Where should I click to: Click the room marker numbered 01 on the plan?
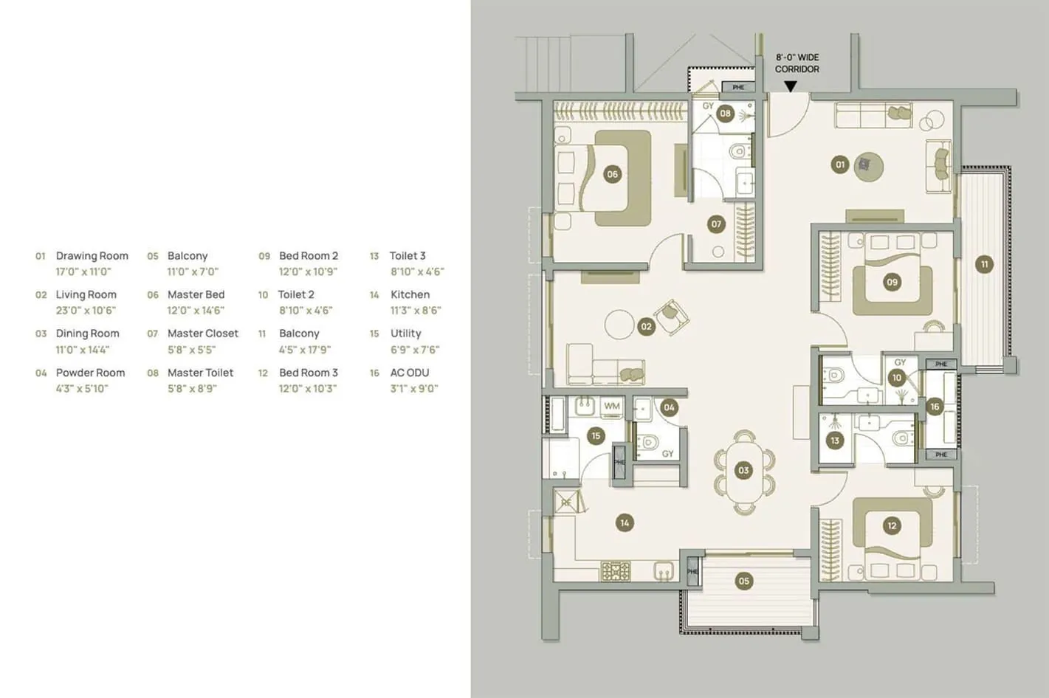coord(839,165)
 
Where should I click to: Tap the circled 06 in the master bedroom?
coord(612,174)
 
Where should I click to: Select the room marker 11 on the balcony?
coord(984,264)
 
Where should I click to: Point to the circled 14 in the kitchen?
coord(625,522)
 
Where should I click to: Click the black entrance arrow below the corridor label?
coord(791,86)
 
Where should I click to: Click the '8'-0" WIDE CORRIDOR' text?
coord(797,63)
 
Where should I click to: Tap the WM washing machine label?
coord(612,406)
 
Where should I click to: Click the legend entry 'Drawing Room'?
coord(92,256)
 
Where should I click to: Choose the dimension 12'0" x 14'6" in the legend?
coord(196,311)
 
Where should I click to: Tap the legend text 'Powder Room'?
coord(90,373)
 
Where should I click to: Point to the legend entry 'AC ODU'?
coord(410,373)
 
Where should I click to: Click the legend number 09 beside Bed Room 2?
coord(264,256)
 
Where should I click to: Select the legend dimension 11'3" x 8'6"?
coord(416,311)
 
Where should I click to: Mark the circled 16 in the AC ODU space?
coord(935,407)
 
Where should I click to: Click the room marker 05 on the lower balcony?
coord(743,581)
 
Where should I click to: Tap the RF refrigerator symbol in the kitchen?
coord(566,502)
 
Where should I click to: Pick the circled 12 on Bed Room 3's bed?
coord(892,525)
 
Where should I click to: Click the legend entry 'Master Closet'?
coord(203,334)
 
